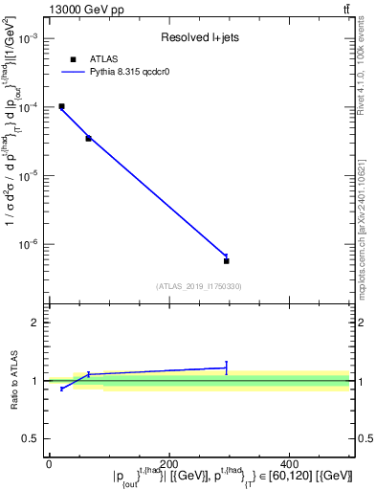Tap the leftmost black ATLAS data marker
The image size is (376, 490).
coord(61,106)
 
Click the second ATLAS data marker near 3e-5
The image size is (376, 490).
coord(88,139)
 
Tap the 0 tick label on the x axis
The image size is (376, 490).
coord(49,463)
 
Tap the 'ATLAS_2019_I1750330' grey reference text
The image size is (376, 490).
coord(199,286)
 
